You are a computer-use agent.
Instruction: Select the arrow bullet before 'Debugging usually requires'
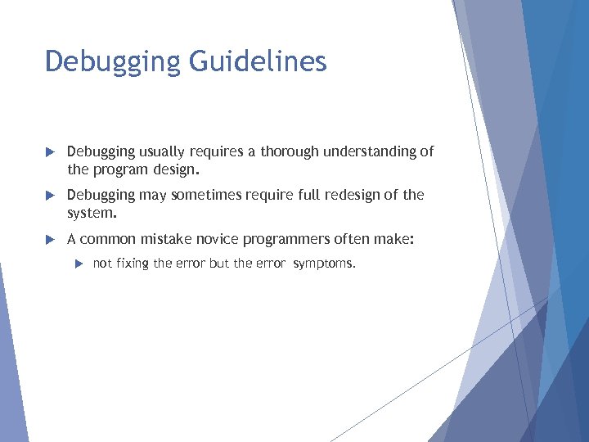pyautogui.click(x=49, y=152)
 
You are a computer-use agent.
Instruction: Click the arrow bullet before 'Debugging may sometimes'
pyautogui.click(x=49, y=196)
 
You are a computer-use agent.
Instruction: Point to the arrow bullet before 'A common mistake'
pyautogui.click(x=49, y=240)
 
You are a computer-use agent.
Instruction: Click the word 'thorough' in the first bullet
pyautogui.click(x=290, y=151)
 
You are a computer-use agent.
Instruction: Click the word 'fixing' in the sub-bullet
pyautogui.click(x=133, y=264)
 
